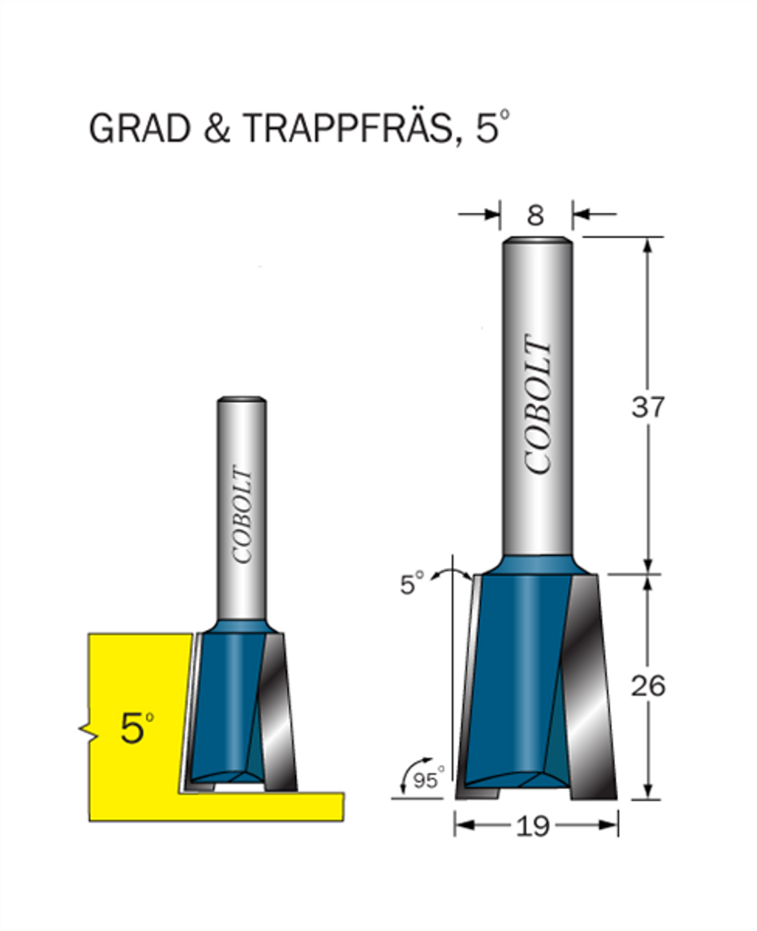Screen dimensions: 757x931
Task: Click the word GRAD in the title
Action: pyautogui.click(x=139, y=127)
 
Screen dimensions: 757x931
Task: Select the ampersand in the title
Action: pyautogui.click(x=216, y=127)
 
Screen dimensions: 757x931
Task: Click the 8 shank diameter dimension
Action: pyautogui.click(x=535, y=215)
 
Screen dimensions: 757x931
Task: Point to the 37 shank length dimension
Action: pyautogui.click(x=648, y=407)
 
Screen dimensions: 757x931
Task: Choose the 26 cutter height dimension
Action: pyautogui.click(x=648, y=686)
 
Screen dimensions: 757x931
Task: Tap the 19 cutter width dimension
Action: pyautogui.click(x=533, y=826)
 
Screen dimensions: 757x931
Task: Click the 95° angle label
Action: pyautogui.click(x=428, y=779)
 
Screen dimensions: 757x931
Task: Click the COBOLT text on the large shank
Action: pyautogui.click(x=539, y=405)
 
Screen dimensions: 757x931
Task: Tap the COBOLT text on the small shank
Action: pyautogui.click(x=242, y=515)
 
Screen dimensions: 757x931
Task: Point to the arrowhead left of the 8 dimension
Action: pyautogui.click(x=492, y=215)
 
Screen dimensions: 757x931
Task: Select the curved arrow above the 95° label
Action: pyautogui.click(x=409, y=771)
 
